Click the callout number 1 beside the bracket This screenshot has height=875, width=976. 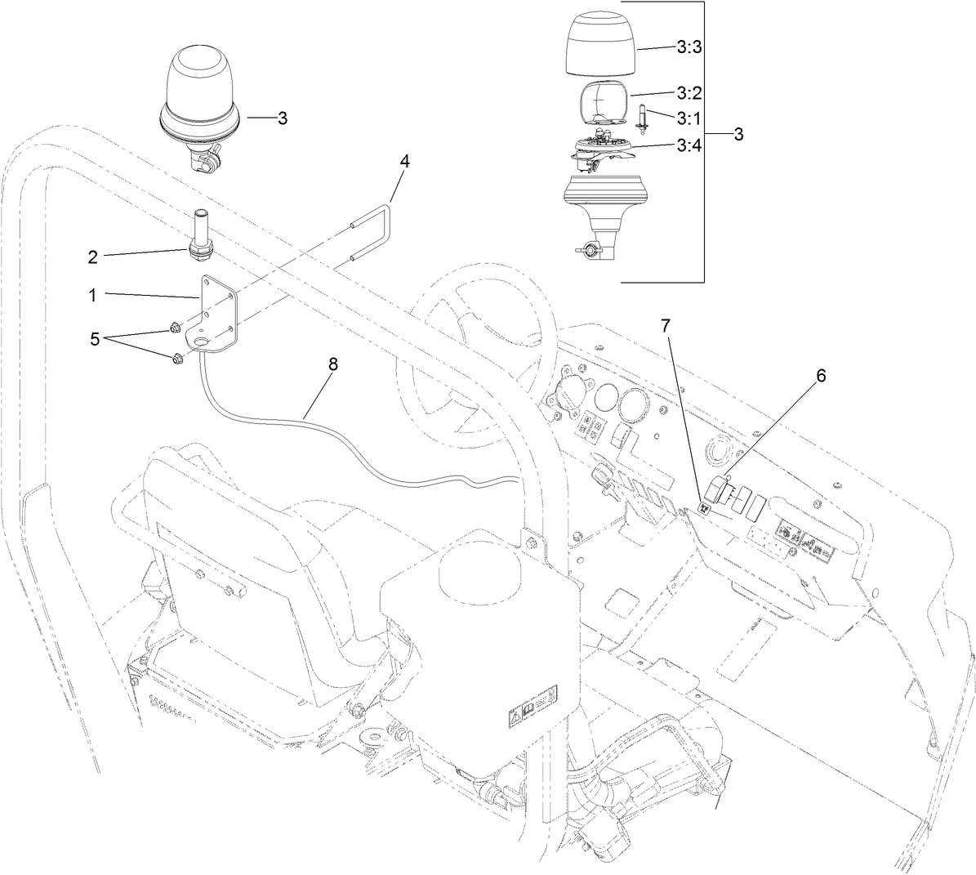click(x=93, y=296)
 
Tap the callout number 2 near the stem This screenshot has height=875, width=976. click(x=93, y=257)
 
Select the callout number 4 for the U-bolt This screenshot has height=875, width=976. click(x=404, y=161)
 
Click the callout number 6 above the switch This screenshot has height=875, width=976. click(x=821, y=376)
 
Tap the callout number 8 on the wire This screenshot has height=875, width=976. click(x=332, y=364)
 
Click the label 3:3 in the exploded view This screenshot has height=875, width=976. click(x=690, y=48)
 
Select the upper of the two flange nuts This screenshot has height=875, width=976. click(x=174, y=329)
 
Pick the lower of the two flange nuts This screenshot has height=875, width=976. click(x=177, y=358)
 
